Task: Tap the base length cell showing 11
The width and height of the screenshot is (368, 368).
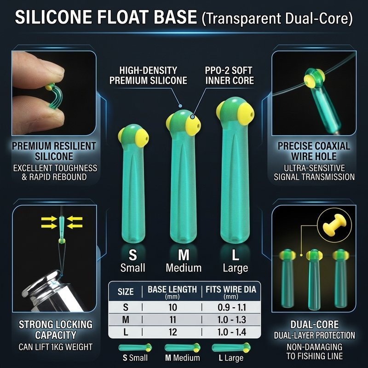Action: (x=173, y=320)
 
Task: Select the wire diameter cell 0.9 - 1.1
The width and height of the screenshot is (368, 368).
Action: (x=232, y=307)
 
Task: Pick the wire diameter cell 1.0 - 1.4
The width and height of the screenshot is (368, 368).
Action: (x=232, y=332)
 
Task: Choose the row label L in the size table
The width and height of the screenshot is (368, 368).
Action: (x=126, y=332)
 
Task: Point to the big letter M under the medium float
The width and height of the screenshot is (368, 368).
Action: (x=184, y=255)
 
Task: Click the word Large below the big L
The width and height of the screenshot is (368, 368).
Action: (x=236, y=268)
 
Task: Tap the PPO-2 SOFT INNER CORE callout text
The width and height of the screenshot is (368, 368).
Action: (x=229, y=75)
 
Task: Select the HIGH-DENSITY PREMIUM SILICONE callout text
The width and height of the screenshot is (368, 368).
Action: (x=148, y=75)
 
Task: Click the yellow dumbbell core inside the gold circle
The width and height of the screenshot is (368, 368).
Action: (x=334, y=224)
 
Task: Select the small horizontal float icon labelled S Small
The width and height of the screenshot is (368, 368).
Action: (x=135, y=348)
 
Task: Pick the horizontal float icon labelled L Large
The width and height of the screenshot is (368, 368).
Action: (x=231, y=348)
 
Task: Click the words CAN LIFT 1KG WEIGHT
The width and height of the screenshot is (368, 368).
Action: (x=56, y=347)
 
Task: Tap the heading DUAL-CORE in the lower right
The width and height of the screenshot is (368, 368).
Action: (x=315, y=324)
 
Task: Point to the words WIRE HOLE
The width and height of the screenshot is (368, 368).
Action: (x=314, y=156)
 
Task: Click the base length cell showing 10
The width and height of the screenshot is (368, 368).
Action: (x=173, y=307)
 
